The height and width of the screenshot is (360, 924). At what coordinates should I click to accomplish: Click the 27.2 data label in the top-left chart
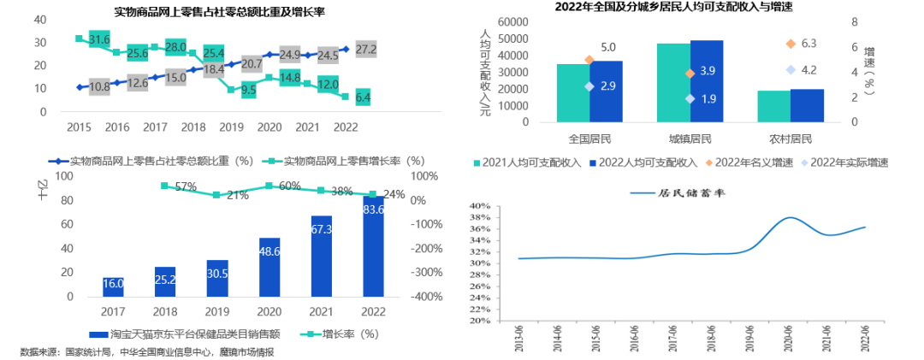(x=365, y=50)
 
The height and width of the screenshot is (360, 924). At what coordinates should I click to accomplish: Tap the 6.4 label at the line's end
(x=363, y=97)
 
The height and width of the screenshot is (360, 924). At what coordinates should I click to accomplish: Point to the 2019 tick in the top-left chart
(x=231, y=127)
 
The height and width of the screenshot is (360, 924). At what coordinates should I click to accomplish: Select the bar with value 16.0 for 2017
(x=114, y=287)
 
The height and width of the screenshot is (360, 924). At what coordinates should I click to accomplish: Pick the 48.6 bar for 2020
(x=269, y=267)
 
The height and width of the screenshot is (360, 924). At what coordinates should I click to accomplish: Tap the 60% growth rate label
(x=288, y=186)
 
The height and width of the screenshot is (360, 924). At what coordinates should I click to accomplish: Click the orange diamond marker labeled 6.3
(x=791, y=44)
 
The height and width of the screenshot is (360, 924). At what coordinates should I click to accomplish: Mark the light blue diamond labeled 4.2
(x=791, y=70)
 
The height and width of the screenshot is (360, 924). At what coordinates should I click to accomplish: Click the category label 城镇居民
(x=690, y=138)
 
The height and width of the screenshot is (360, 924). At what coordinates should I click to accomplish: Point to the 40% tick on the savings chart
(x=479, y=206)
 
